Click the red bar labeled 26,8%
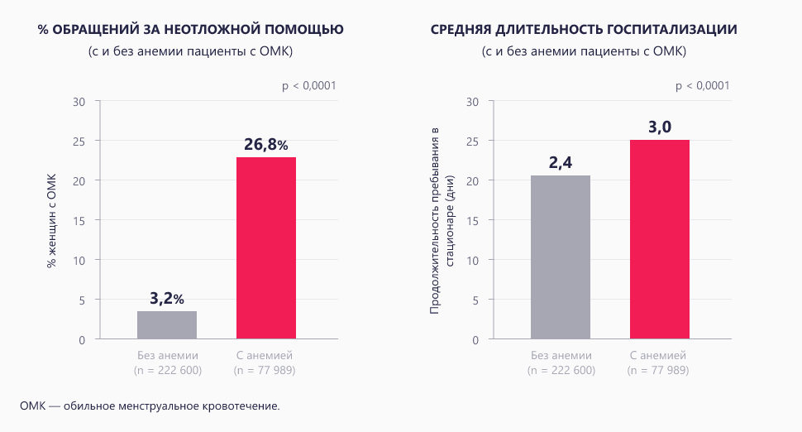coord(265,247)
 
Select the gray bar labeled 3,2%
coord(167,324)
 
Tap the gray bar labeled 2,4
coord(561,257)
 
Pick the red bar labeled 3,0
coord(659,239)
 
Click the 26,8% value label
coord(265,145)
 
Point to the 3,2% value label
coord(167,299)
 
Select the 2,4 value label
coord(561,163)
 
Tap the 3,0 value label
coord(659,127)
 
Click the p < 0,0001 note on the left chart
coord(309,86)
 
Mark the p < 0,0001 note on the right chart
coord(703,86)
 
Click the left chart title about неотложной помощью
coord(191,30)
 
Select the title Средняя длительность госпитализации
coord(585,30)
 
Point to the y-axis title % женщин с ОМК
coord(51,220)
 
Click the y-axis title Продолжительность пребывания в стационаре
coord(443,220)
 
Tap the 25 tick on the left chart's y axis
coord(79,142)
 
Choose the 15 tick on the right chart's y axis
coord(473,221)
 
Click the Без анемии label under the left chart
coord(167,355)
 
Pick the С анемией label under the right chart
coord(659,355)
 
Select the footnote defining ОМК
coord(150,406)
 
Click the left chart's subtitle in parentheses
coord(191,52)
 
